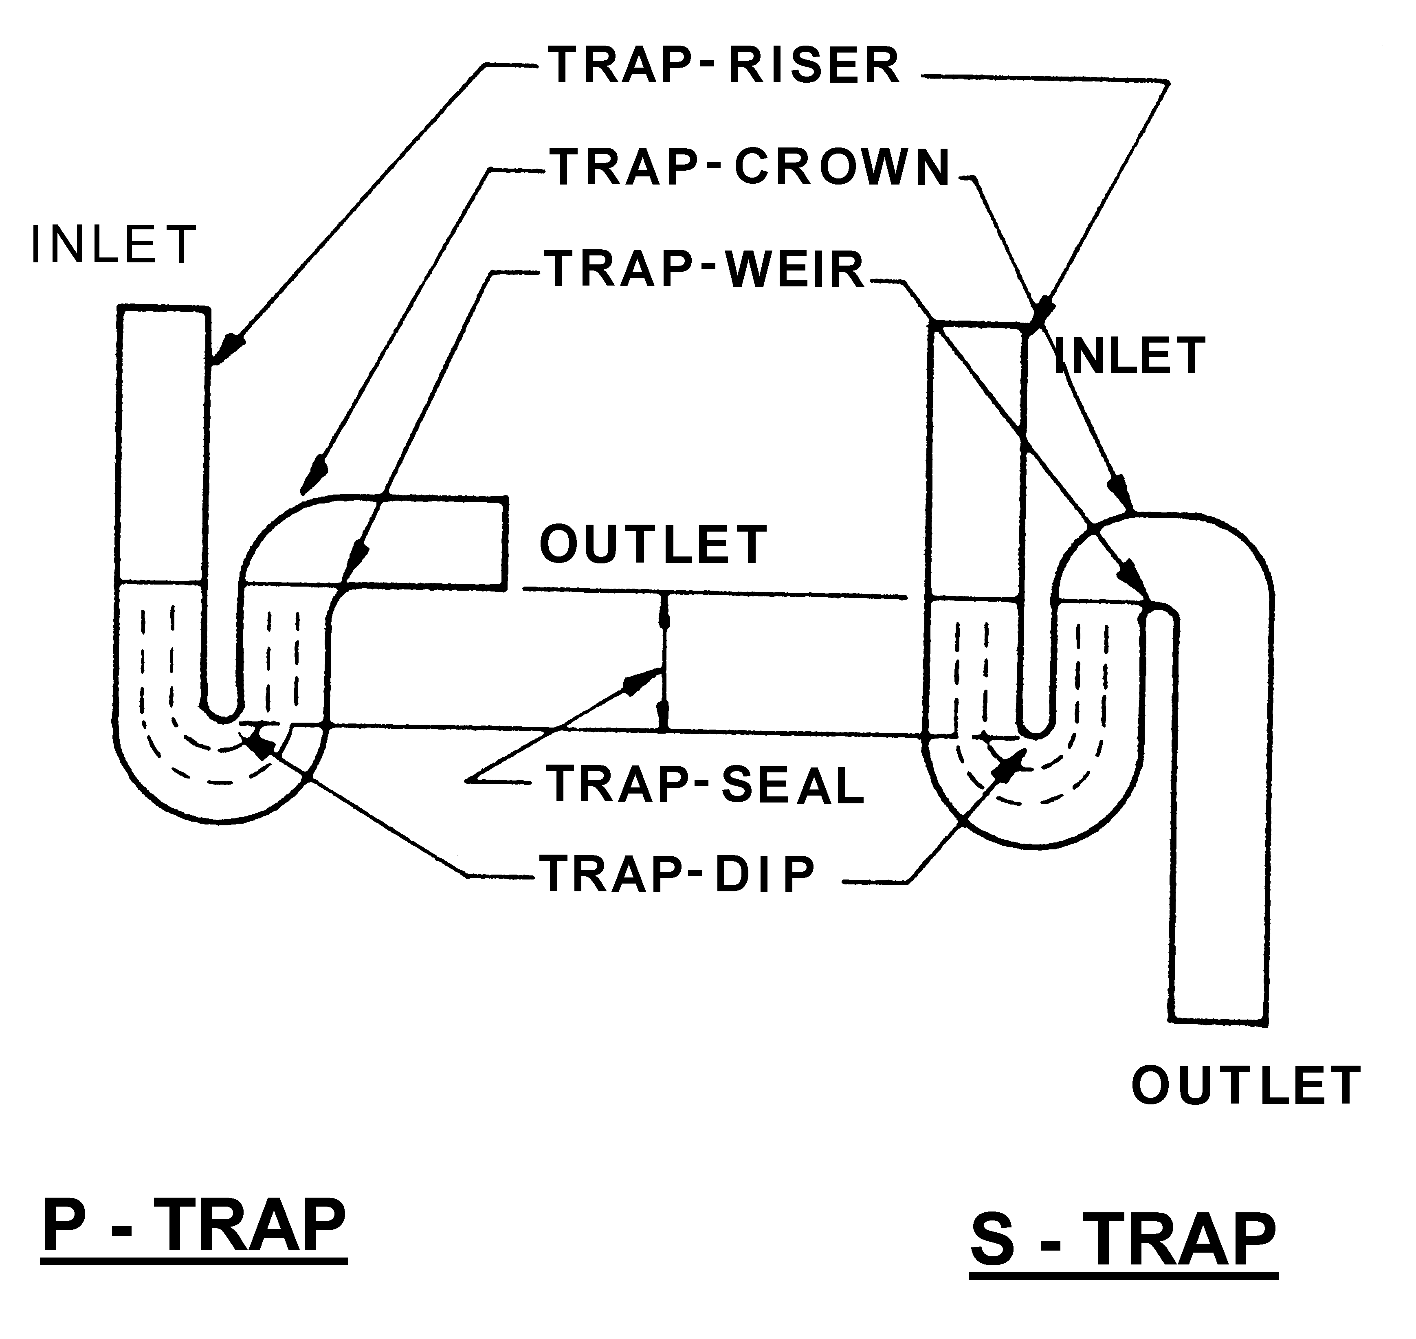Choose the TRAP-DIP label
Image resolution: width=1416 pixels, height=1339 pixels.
678,874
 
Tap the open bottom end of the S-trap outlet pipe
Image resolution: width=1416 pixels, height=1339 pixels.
1219,1021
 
